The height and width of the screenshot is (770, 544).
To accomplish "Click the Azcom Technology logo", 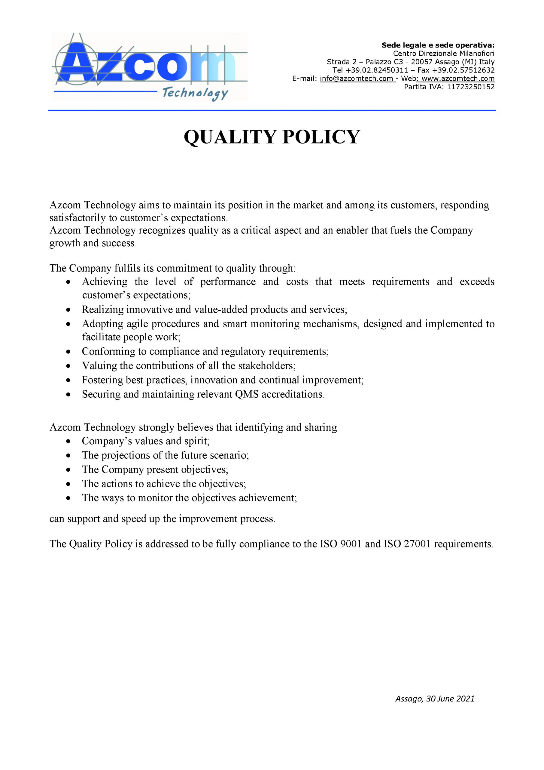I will [x=149, y=67].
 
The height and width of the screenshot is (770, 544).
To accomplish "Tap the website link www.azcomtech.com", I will [x=458, y=79].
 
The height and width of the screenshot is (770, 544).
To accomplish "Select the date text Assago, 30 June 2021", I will [x=434, y=699].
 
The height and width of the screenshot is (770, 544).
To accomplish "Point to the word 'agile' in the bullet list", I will [x=138, y=324].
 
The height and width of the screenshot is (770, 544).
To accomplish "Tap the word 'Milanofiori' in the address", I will [x=477, y=54].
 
